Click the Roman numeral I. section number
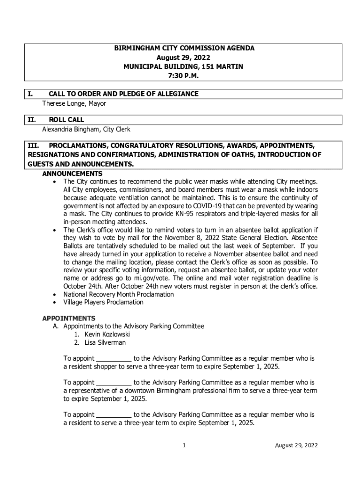(30, 94)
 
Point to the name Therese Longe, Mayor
(74, 103)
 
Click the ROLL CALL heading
(66, 120)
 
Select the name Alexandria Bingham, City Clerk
(86, 129)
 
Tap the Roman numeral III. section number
(34, 145)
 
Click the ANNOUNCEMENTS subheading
(72, 174)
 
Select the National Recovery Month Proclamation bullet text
(119, 294)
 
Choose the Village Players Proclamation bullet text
(103, 302)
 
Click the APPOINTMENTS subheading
(69, 319)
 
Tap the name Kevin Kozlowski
(107, 334)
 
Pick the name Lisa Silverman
(105, 342)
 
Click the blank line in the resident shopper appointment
(114, 359)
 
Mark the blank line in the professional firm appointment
(114, 382)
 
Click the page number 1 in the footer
(185, 445)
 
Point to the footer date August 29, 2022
(296, 445)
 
